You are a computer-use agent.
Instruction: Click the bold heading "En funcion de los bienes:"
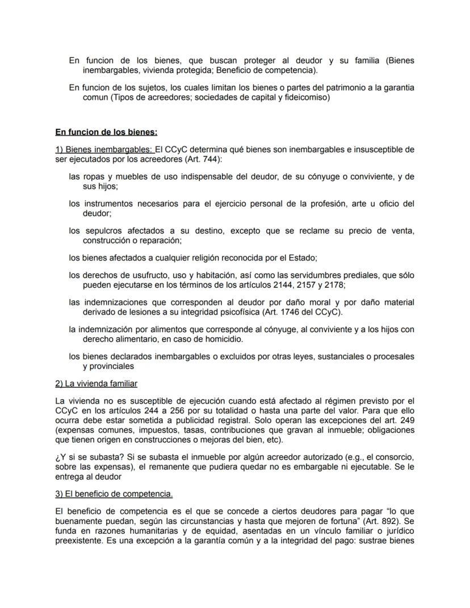[x=106, y=132]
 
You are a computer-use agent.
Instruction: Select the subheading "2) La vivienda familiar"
[x=96, y=384]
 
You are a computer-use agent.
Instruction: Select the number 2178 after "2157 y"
[x=334, y=285]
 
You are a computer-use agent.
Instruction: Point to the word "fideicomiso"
[x=307, y=97]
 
